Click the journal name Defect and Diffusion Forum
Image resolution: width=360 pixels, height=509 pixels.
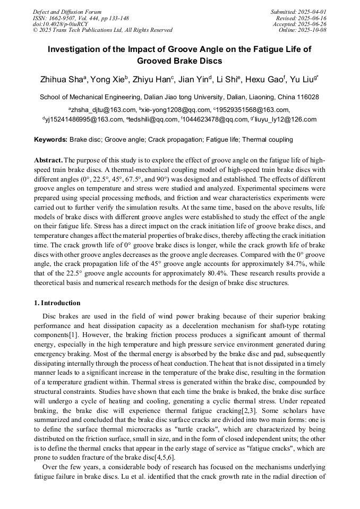[67, 12]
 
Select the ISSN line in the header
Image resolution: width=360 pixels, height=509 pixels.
[81, 18]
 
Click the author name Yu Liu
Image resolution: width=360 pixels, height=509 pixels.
[304, 80]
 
